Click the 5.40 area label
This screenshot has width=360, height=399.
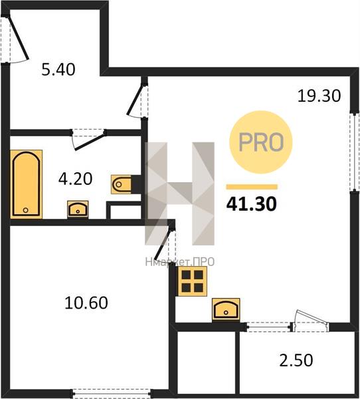[58, 69]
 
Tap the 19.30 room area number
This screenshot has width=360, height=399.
[319, 96]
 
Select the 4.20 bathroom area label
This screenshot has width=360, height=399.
[75, 179]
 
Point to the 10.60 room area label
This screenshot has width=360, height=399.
[86, 303]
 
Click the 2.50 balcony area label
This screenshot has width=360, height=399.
[296, 360]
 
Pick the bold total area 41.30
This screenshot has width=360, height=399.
[251, 204]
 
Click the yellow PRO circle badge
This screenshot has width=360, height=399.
[261, 142]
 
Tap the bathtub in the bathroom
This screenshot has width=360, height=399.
[26, 184]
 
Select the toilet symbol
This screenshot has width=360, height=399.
[122, 184]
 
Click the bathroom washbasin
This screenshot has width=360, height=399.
[78, 209]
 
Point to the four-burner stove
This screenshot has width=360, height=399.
[193, 281]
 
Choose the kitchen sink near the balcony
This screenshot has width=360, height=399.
[226, 309]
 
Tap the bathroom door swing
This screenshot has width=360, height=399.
[89, 140]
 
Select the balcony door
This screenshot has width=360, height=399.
[310, 321]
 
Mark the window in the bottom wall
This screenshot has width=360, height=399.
[112, 393]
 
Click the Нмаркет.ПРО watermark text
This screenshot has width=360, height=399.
[180, 261]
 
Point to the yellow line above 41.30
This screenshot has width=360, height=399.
[252, 187]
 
